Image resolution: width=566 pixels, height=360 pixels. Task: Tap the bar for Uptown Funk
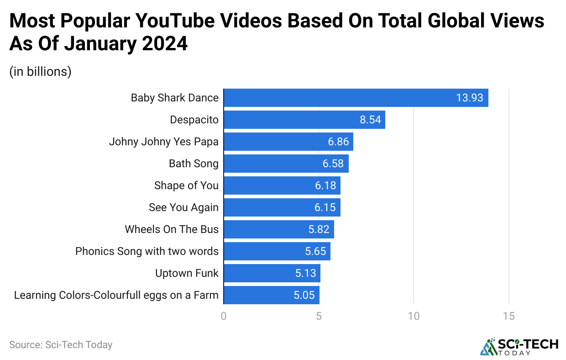tap(272, 273)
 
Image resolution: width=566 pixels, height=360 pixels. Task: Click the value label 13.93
tap(469, 98)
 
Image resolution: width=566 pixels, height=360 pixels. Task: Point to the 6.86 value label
tap(338, 142)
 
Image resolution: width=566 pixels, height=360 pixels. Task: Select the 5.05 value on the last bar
tap(304, 295)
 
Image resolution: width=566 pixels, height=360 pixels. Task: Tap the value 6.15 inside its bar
tap(325, 207)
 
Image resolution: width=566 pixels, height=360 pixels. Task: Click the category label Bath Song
tap(194, 164)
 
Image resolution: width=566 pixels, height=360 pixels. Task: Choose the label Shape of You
tap(186, 185)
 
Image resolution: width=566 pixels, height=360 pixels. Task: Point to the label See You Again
tap(183, 207)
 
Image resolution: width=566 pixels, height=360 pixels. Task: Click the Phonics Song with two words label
tap(147, 251)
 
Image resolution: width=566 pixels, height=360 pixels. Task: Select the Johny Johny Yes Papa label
tap(163, 142)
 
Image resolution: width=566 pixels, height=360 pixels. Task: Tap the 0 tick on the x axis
tap(224, 316)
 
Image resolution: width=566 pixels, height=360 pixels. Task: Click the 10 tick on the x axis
tap(414, 316)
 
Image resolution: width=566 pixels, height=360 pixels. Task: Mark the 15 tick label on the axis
tap(508, 316)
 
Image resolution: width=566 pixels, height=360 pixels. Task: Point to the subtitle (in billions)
tap(40, 72)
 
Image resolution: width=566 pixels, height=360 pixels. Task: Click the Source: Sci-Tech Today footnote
tap(61, 344)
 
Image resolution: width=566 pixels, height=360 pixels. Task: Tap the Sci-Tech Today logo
tap(519, 347)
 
